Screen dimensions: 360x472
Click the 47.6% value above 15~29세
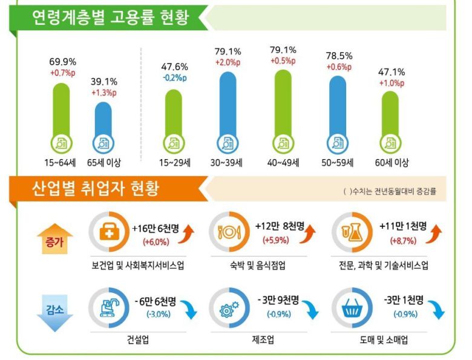(x=174, y=67)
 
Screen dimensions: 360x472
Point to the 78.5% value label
(x=338, y=53)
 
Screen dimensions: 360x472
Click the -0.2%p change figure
(x=174, y=77)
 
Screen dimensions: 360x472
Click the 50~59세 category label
(x=338, y=163)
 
